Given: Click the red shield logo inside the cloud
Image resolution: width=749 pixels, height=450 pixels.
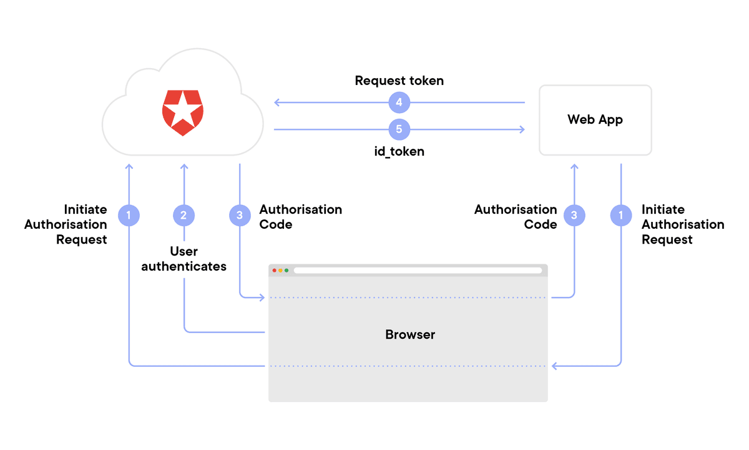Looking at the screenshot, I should point(182,112).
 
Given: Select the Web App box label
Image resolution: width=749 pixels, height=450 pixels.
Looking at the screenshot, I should point(595,119).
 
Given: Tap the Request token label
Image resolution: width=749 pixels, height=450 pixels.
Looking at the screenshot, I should point(399,81).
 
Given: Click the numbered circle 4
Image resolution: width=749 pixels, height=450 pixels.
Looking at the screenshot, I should point(399,102).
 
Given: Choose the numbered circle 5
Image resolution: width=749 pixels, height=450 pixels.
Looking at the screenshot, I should point(399,129).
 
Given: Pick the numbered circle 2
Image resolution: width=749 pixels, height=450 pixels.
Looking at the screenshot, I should point(184,216).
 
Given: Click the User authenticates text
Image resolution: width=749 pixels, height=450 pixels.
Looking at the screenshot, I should point(184,259).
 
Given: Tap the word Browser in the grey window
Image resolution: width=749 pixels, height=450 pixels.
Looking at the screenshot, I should point(410,334).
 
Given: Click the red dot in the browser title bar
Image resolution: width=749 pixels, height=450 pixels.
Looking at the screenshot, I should point(275,270).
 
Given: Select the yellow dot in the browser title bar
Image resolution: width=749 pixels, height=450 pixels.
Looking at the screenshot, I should point(281,270).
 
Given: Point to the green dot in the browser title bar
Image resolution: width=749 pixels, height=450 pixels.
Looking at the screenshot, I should point(286,270).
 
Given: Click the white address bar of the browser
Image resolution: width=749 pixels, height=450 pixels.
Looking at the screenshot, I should point(418,270).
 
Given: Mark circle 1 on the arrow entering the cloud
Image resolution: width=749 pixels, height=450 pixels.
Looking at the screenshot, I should point(129,216).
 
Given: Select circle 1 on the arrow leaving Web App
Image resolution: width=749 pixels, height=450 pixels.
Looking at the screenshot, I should point(620,216).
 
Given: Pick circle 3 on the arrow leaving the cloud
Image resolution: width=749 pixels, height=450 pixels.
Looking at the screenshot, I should point(240,216).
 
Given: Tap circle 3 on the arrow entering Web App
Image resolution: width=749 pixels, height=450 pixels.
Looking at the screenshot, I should point(574,216).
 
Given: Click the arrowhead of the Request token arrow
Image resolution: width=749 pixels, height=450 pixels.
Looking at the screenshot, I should point(276,102).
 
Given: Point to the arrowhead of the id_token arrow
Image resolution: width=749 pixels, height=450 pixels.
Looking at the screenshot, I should point(522,129).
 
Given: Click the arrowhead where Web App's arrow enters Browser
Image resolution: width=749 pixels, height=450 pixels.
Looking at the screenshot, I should point(552,366).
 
